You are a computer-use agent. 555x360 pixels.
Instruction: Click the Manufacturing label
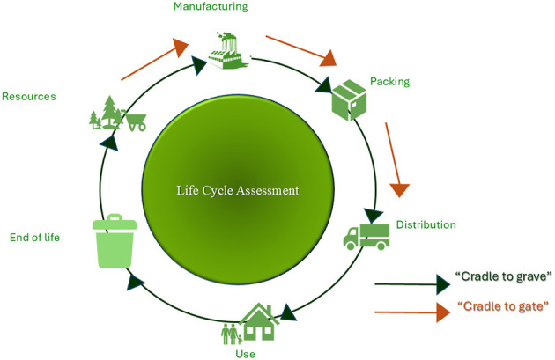(211, 7)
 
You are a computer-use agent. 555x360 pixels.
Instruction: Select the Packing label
(389, 82)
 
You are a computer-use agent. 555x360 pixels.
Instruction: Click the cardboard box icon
(349, 99)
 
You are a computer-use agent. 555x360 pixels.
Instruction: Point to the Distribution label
(425, 224)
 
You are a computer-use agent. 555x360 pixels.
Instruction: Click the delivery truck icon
(366, 237)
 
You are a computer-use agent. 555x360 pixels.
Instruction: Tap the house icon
(259, 321)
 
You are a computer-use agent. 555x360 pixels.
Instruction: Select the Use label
(245, 354)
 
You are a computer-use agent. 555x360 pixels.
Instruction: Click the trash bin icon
(115, 241)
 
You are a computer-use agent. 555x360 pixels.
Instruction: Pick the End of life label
(34, 238)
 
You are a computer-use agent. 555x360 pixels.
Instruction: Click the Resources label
(29, 97)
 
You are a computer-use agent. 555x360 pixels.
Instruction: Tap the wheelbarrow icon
(134, 121)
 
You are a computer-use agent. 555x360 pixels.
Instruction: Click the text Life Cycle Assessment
(238, 190)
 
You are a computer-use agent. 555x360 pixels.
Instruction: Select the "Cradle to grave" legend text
(503, 276)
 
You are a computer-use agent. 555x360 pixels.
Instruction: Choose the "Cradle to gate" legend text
(503, 306)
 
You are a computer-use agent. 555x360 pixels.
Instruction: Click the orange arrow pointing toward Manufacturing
(155, 59)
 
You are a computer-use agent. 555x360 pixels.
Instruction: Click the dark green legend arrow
(412, 284)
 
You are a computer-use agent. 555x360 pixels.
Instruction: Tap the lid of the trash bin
(115, 223)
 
